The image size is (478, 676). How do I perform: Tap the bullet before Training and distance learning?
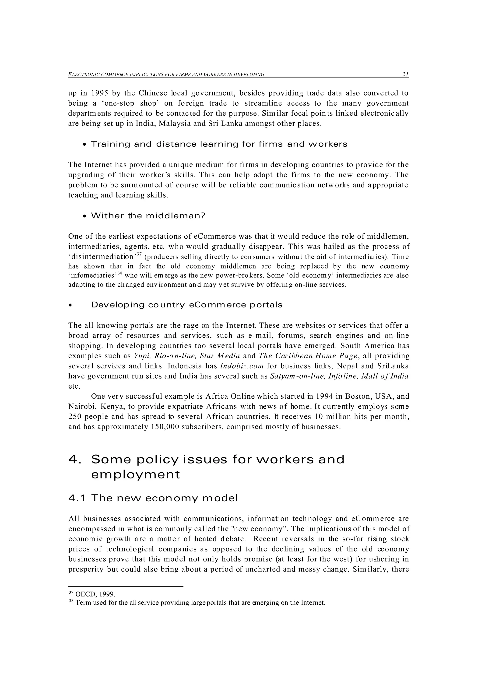coord(85,145)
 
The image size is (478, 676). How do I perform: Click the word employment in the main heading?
coord(135,475)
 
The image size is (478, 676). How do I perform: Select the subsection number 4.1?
coord(77,498)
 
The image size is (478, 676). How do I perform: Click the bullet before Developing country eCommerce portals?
coord(70,306)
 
